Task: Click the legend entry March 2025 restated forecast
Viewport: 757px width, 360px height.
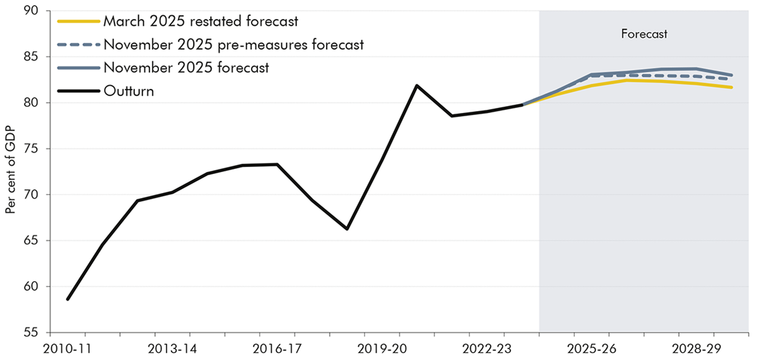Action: click(200, 21)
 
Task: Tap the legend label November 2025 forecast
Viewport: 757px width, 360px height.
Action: click(186, 67)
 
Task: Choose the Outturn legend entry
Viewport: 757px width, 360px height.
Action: click(129, 91)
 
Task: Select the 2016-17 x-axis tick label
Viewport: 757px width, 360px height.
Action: click(276, 347)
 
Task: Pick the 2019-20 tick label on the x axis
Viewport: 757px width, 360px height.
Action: click(381, 347)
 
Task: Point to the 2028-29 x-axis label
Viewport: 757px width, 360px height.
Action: click(695, 347)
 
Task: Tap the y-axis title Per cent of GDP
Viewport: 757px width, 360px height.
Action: click(11, 173)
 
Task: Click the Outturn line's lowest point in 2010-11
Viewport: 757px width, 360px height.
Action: click(67, 299)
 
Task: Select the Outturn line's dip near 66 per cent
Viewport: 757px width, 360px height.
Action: click(347, 229)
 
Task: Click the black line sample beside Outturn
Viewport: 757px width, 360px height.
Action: click(78, 91)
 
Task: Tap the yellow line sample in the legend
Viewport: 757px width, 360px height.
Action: click(78, 21)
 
